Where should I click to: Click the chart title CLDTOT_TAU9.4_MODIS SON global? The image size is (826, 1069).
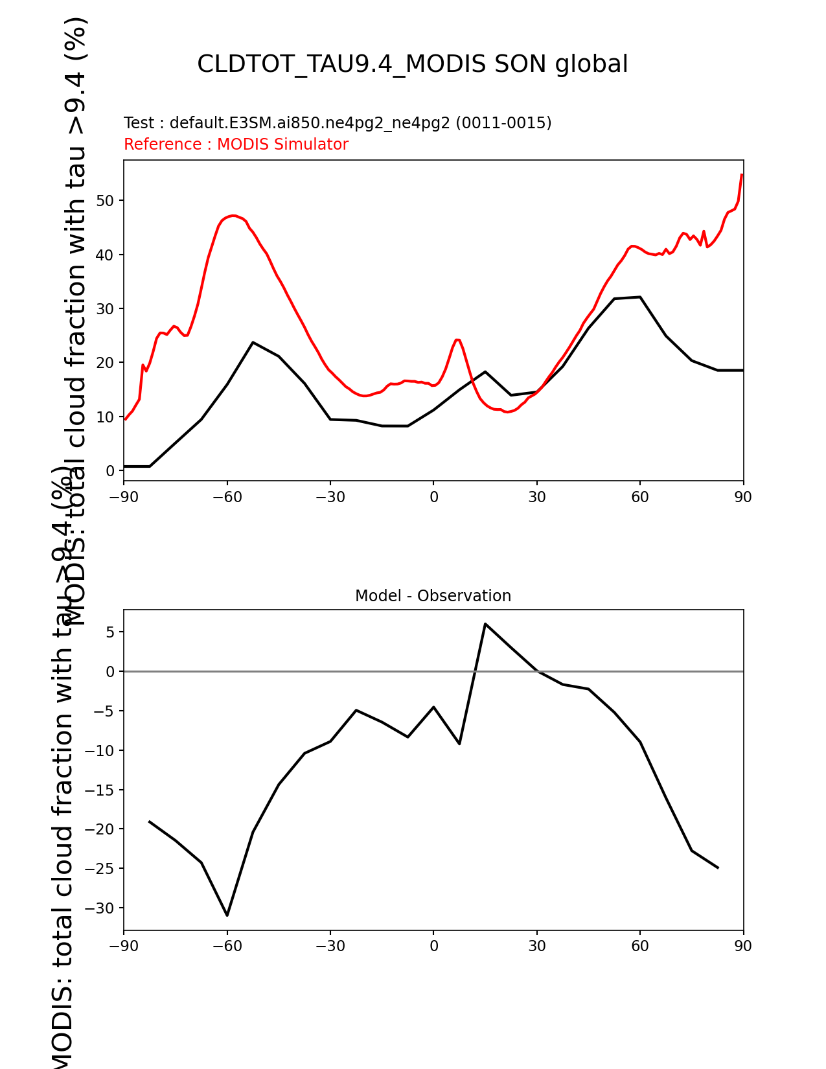(x=412, y=64)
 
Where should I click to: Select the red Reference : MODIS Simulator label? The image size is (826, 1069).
(x=236, y=144)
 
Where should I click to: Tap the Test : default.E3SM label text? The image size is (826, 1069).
(x=338, y=123)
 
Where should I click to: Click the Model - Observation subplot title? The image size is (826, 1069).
(x=433, y=596)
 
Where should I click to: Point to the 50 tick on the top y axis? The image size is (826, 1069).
(x=105, y=201)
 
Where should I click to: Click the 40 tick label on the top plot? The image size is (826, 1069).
(x=105, y=255)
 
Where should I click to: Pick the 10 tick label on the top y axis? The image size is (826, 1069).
(x=105, y=417)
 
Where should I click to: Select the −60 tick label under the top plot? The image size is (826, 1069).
(x=227, y=497)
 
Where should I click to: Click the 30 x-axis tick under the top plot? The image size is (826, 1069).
(x=536, y=497)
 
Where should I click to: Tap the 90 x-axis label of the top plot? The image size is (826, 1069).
(x=743, y=497)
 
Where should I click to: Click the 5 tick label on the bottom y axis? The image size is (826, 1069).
(x=110, y=632)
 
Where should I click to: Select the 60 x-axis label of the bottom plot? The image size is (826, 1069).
(x=640, y=947)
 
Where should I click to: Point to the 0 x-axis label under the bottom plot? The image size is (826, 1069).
(x=433, y=947)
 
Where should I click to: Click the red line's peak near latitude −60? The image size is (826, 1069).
(x=233, y=216)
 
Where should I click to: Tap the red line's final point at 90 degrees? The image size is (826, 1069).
(x=742, y=174)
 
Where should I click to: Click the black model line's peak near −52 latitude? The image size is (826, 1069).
(x=253, y=342)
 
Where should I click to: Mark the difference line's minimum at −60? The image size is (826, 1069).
(x=227, y=915)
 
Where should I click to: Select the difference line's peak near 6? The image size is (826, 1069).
(x=485, y=624)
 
